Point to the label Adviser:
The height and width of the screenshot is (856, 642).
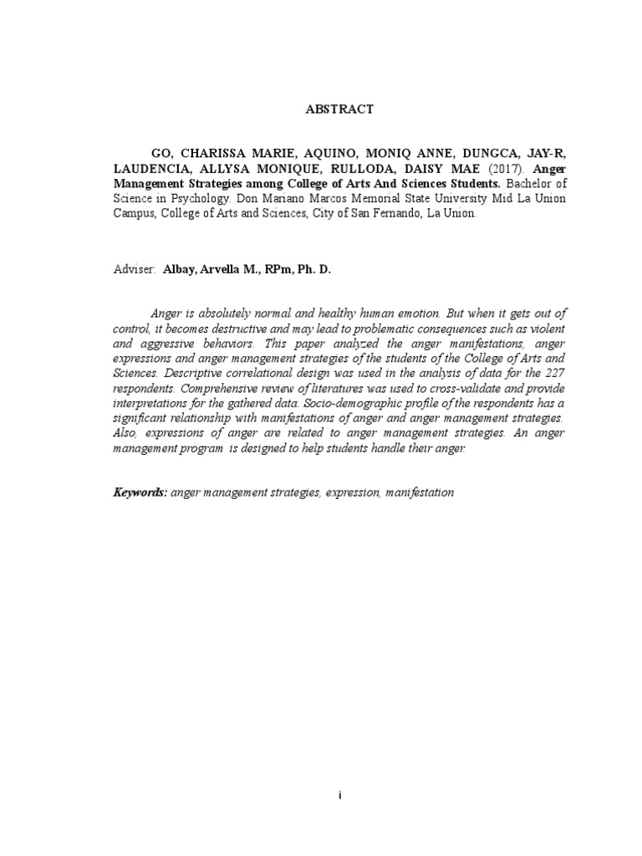click(134, 271)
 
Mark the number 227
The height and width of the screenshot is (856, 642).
click(552, 373)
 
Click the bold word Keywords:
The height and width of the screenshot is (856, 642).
click(140, 492)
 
